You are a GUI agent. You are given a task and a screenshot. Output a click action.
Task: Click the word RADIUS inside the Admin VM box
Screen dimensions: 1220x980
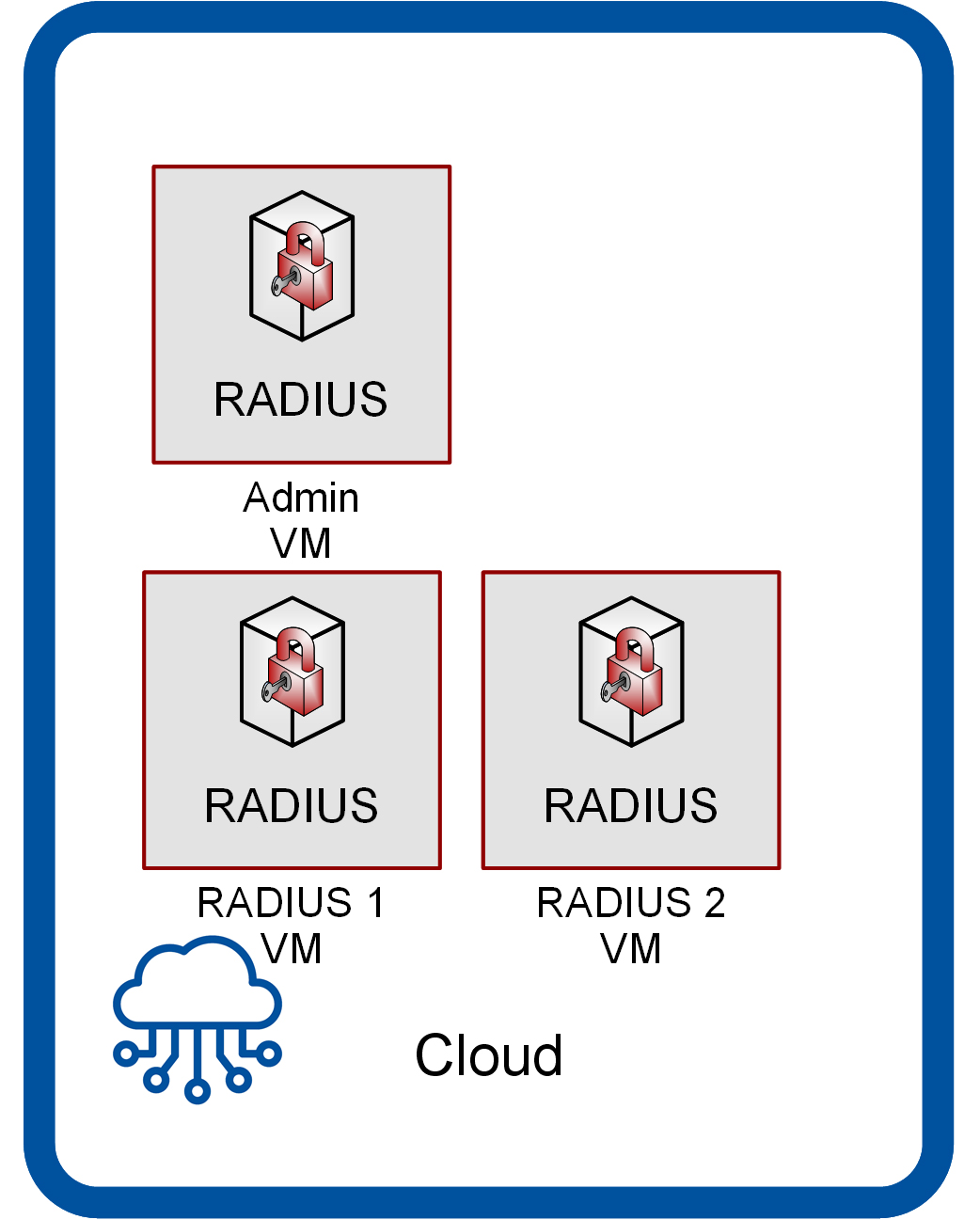point(301,400)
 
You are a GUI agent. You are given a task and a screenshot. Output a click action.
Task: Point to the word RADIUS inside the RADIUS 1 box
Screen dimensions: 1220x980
point(292,806)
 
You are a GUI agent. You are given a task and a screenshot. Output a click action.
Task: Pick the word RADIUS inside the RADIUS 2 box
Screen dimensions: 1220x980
point(631,806)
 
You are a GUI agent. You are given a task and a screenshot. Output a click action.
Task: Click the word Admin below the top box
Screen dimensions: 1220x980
point(301,498)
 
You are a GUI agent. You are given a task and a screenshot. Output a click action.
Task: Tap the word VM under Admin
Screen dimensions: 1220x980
point(301,544)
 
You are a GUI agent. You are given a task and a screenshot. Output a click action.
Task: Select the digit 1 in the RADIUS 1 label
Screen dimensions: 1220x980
point(375,903)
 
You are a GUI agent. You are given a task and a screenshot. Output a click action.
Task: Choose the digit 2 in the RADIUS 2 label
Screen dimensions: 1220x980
point(715,903)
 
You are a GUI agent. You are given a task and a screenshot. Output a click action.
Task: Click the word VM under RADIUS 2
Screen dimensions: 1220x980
point(631,949)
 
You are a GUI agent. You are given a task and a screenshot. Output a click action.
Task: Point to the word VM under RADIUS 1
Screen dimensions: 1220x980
point(292,949)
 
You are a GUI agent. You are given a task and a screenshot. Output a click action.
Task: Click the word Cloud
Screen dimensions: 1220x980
point(489,1055)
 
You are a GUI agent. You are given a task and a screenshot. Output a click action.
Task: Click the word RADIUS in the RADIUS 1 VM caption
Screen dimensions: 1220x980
point(275,903)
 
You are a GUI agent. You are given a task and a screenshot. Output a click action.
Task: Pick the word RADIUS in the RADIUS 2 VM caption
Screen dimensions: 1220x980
point(614,903)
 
